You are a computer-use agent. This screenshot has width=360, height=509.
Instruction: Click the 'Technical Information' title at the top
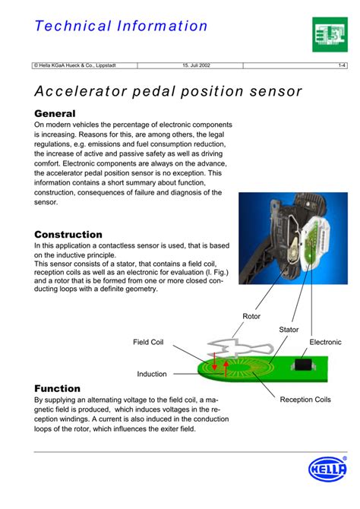click(121, 26)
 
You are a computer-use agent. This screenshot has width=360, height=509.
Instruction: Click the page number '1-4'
click(342, 66)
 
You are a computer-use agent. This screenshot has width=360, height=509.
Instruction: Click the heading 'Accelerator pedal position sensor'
click(168, 92)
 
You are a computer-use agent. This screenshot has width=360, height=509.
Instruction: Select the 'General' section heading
click(55, 113)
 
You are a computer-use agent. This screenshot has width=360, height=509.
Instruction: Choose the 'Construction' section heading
click(68, 235)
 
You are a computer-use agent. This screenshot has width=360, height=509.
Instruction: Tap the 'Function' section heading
click(57, 388)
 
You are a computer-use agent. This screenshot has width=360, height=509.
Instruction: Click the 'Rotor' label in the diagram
click(251, 316)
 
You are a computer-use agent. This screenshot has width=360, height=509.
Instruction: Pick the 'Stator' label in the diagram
click(289, 330)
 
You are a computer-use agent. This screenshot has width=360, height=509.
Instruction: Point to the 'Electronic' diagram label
click(325, 343)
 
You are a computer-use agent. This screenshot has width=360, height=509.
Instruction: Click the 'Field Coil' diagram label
click(148, 343)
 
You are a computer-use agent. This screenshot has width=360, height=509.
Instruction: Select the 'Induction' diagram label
click(151, 374)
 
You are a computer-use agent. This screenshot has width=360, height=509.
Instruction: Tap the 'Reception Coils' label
click(305, 400)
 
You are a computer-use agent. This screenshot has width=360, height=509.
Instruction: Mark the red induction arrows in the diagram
click(219, 362)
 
